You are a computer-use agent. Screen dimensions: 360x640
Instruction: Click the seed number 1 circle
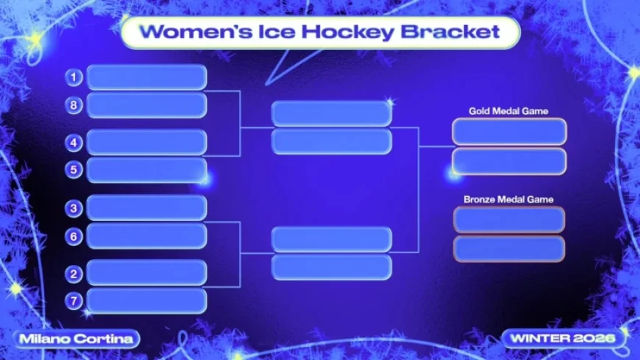tap(73, 77)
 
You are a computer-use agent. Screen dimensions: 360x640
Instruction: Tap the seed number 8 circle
tap(73, 105)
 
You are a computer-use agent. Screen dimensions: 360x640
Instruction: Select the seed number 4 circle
tap(73, 142)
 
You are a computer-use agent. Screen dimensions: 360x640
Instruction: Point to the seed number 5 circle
tap(73, 170)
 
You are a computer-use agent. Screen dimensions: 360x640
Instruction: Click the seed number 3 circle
tap(73, 208)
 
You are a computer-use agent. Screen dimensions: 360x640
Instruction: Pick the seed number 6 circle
tap(73, 236)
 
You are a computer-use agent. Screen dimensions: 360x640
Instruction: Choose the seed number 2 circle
tap(73, 274)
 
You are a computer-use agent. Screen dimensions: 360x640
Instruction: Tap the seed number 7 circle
tap(73, 301)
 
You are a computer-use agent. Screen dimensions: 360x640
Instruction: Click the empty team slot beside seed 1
tap(147, 77)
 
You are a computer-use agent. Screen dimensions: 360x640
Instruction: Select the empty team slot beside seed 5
tap(147, 170)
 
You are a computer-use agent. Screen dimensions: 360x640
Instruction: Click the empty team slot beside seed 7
tap(147, 301)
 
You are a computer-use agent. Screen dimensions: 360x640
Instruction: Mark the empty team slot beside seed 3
tap(147, 208)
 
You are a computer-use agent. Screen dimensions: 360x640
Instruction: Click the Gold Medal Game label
tap(508, 111)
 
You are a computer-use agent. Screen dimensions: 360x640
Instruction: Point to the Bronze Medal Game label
tap(508, 200)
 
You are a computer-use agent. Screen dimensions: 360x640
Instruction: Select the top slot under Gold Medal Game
tap(509, 132)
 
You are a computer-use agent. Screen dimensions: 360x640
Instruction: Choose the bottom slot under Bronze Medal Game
tap(509, 249)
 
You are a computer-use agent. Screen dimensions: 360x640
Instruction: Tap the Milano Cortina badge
tap(77, 339)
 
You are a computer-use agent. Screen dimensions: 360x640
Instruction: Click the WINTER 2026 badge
tap(566, 339)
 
